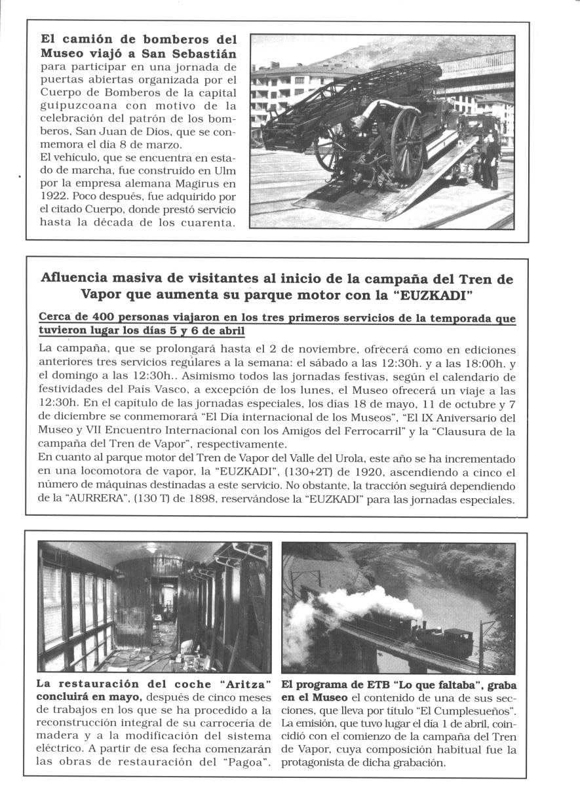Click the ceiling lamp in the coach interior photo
(153, 548)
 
